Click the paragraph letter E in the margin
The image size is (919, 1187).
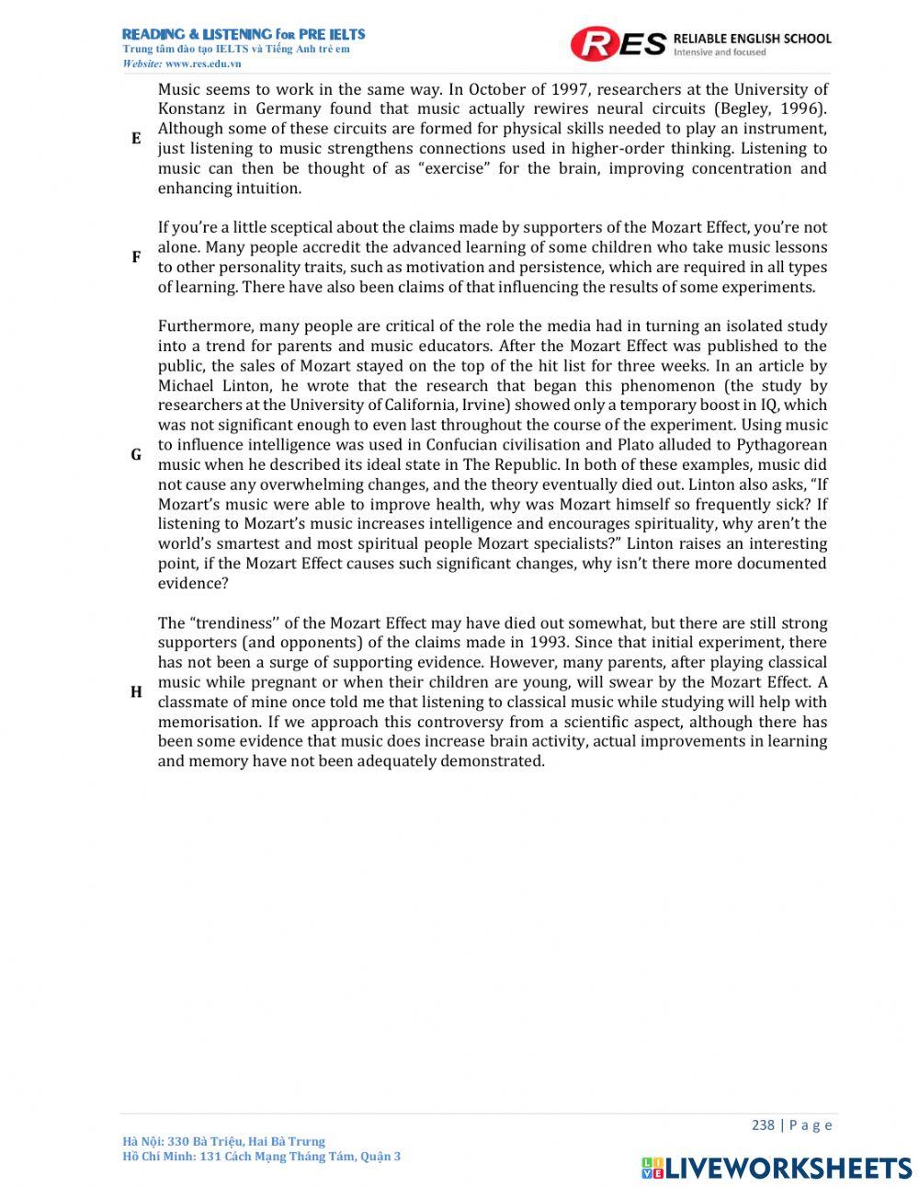pos(136,139)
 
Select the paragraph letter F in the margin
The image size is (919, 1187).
pos(136,257)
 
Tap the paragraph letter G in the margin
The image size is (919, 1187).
pos(136,455)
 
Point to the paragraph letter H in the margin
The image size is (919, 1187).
pos(136,692)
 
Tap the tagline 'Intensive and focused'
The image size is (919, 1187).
pos(720,52)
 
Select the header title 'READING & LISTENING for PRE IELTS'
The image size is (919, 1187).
pos(244,34)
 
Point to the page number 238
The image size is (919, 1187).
pos(763,1125)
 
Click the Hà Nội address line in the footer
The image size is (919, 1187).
pos(223,1141)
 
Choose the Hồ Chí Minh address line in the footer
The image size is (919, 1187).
pos(261,1157)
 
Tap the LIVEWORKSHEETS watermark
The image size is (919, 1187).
pos(777,1168)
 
